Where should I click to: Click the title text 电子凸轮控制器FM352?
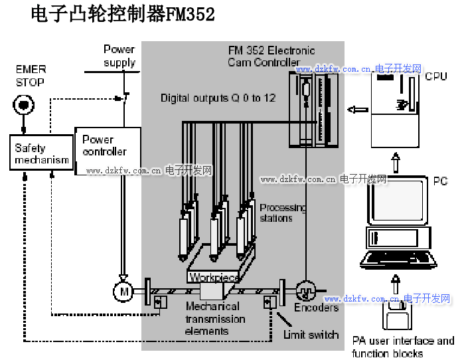point(123,15)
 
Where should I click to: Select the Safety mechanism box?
point(42,153)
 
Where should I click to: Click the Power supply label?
point(119,56)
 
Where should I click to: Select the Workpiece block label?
point(212,277)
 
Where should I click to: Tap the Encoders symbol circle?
point(306,290)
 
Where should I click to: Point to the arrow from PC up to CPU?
point(396,160)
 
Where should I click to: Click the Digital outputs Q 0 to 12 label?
point(218,98)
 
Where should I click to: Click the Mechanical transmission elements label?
point(214,319)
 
